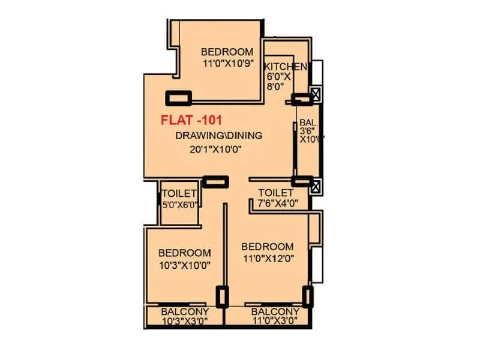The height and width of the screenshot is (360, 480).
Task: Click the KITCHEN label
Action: (286, 66)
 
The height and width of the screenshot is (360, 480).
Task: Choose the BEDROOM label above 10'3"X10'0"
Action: (184, 253)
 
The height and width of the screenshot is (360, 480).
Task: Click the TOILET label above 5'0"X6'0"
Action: (179, 193)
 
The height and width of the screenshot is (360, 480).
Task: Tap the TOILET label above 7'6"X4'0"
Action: (275, 193)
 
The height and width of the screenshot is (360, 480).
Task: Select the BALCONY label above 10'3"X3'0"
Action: (185, 312)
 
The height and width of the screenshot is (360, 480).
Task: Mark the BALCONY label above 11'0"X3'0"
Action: (275, 312)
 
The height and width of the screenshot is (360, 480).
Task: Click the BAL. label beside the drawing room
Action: (308, 120)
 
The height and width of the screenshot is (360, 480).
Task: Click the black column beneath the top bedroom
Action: (178, 97)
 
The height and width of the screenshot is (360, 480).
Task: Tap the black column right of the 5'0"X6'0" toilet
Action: (215, 181)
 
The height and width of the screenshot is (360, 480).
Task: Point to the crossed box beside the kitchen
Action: (316, 94)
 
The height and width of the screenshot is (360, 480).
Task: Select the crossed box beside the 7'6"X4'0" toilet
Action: (316, 185)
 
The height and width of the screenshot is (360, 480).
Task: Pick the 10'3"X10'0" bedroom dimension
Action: (184, 265)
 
